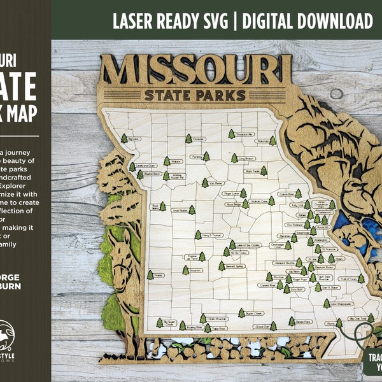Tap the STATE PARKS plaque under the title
pyautogui.click(x=195, y=95)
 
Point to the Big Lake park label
pyautogui.click(x=134, y=139)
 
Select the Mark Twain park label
pyautogui.click(x=254, y=171)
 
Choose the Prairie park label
pyautogui.click(x=159, y=275)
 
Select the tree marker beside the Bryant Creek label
pyautogui.click(x=241, y=312)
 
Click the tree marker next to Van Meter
pyautogui.click(x=204, y=182)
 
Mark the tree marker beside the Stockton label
pyautogui.click(x=186, y=270)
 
